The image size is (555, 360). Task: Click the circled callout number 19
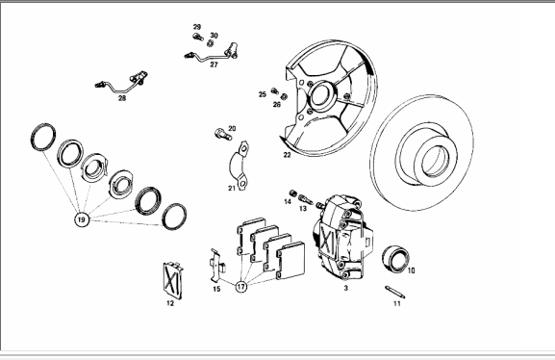(x=82, y=219)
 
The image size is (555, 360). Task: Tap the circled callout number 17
(x=241, y=286)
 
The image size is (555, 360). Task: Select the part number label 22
(x=287, y=155)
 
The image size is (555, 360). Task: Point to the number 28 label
(x=122, y=98)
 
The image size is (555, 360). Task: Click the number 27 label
(x=214, y=64)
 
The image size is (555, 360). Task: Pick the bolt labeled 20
(x=223, y=135)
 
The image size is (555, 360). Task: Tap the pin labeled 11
(x=395, y=292)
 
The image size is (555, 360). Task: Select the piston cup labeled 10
(x=395, y=259)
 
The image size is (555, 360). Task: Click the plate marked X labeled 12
(x=173, y=281)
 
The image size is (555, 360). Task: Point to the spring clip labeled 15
(x=217, y=265)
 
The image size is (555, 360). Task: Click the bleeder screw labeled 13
(x=306, y=200)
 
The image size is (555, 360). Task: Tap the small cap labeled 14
(x=293, y=193)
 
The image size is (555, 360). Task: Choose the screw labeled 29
(x=198, y=37)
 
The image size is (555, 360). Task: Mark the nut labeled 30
(x=210, y=43)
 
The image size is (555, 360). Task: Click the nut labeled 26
(x=284, y=96)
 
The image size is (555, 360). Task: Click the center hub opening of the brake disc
(x=436, y=161)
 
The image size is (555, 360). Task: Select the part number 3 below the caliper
(x=346, y=288)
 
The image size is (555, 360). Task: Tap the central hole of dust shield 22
(x=320, y=95)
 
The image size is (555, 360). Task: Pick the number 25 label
(x=263, y=94)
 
